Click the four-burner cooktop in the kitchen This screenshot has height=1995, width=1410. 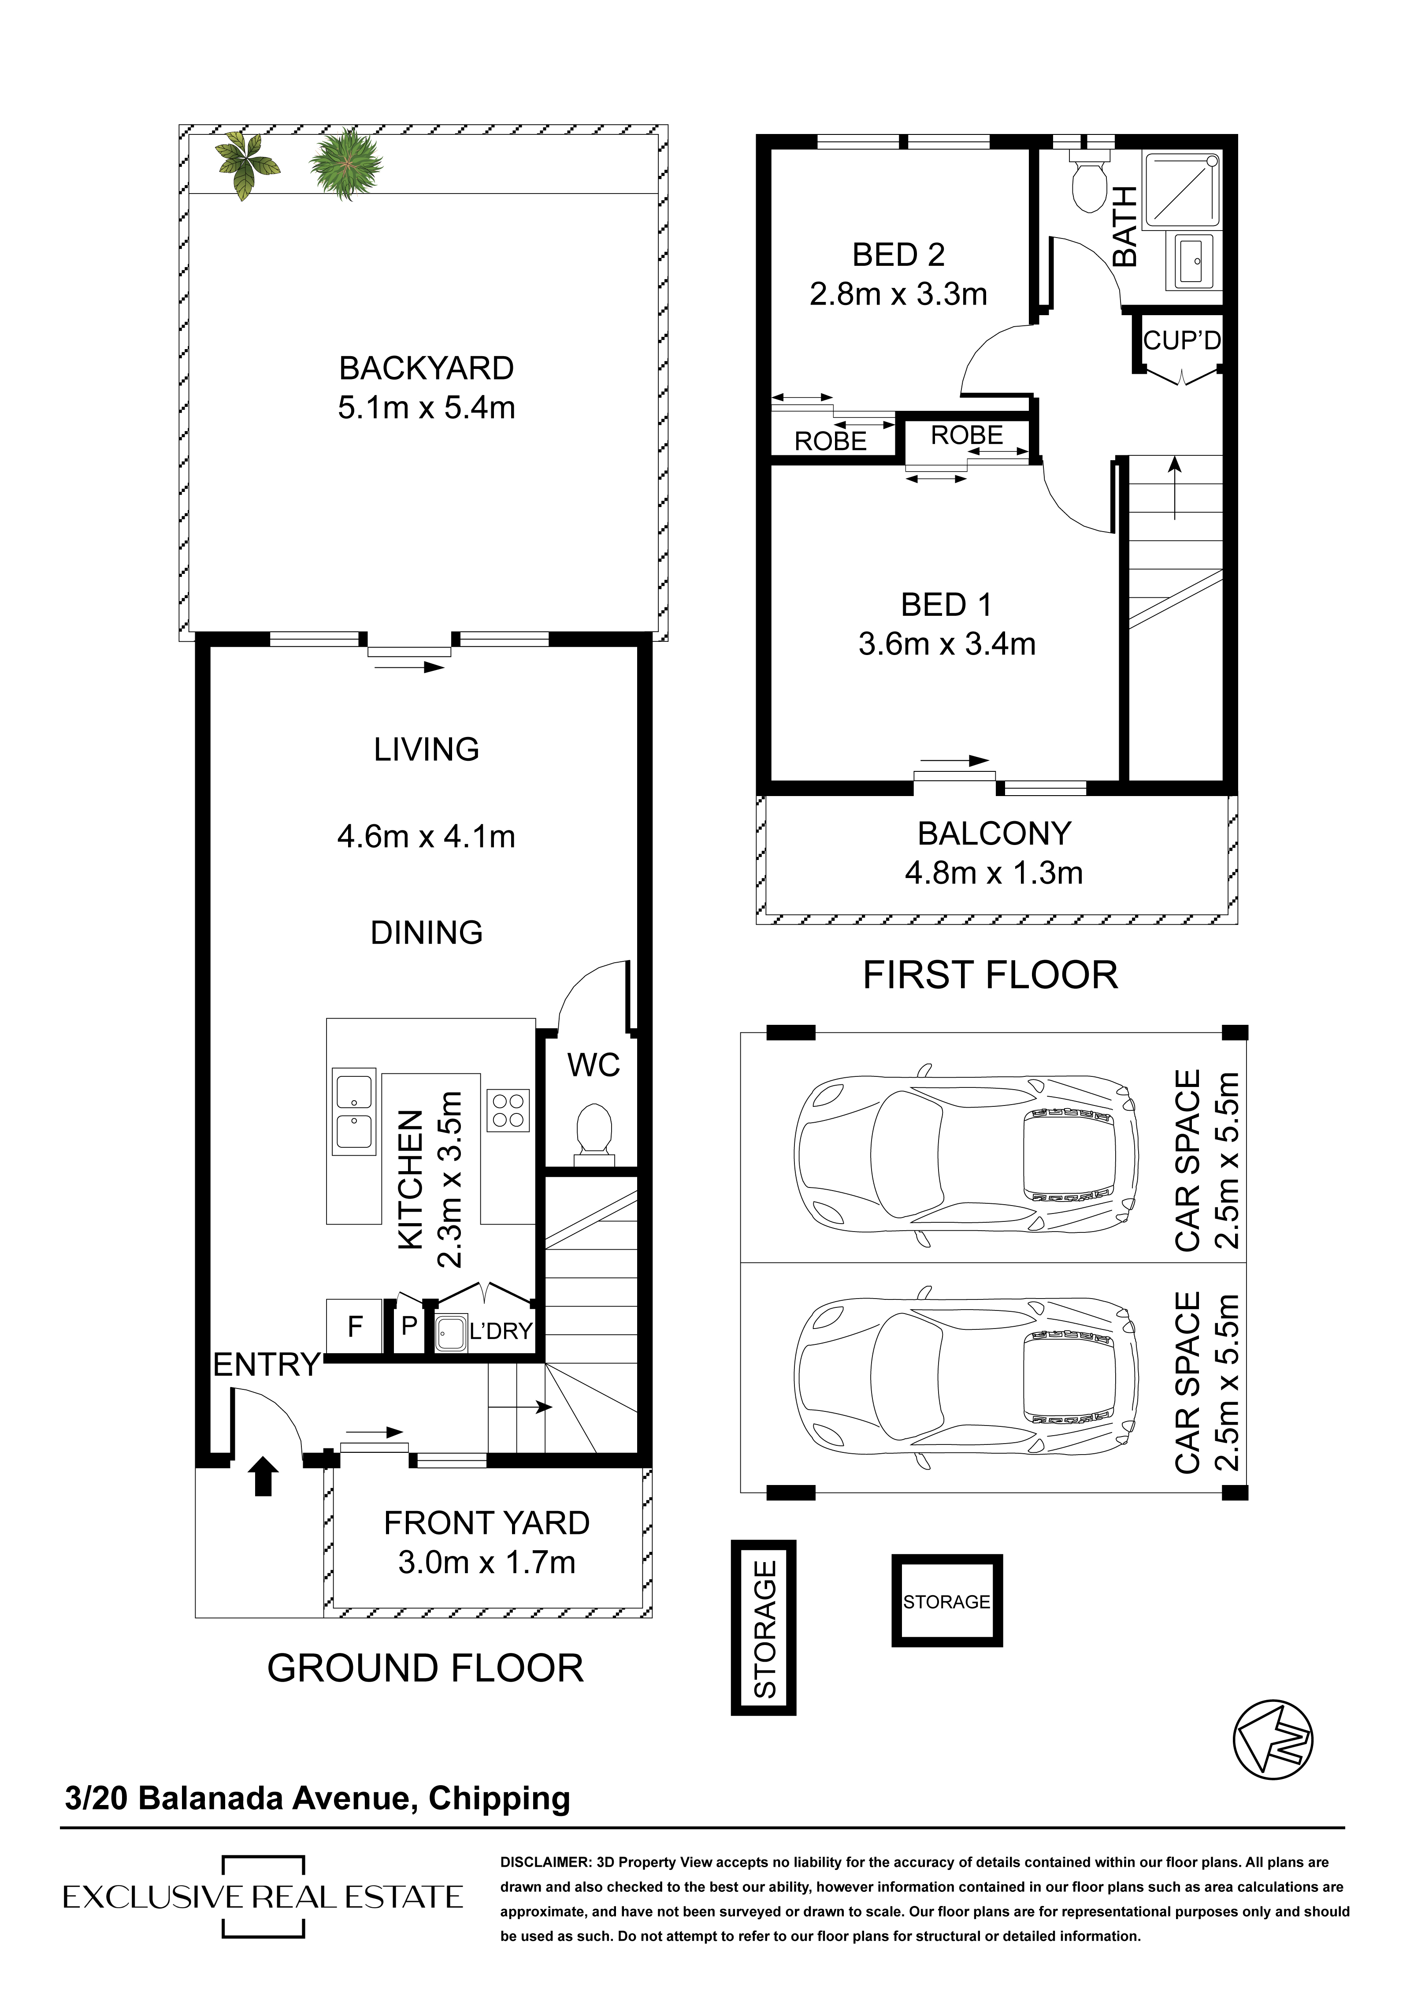pyautogui.click(x=508, y=1110)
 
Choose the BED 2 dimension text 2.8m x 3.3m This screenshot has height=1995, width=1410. pyautogui.click(x=898, y=294)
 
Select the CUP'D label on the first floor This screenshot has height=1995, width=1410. pyautogui.click(x=1181, y=341)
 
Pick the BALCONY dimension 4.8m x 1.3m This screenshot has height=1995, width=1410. pyautogui.click(x=994, y=872)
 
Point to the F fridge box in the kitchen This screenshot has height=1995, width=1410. pyautogui.click(x=354, y=1327)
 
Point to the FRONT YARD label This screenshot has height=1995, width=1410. pyautogui.click(x=486, y=1523)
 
